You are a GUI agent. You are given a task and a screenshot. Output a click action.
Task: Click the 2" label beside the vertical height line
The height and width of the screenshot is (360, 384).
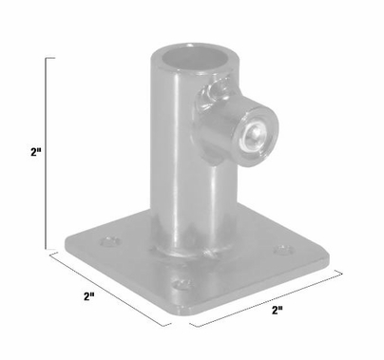click(x=35, y=152)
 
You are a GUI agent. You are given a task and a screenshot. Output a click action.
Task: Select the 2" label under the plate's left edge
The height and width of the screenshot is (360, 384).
click(x=89, y=296)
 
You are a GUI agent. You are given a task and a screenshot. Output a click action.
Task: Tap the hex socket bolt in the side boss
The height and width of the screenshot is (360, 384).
click(x=252, y=136)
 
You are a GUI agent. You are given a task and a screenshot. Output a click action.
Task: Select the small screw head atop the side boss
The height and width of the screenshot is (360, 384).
click(x=215, y=92)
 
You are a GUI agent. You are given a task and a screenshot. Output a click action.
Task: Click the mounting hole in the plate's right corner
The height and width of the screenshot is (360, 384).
click(x=282, y=252)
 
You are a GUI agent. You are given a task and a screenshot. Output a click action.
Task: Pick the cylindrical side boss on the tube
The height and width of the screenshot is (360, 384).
click(x=238, y=128)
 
